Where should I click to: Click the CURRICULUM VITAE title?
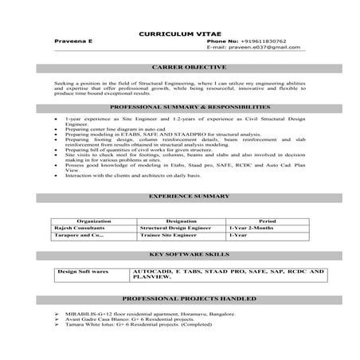pos(179,33)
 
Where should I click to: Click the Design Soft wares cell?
pos(83,272)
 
